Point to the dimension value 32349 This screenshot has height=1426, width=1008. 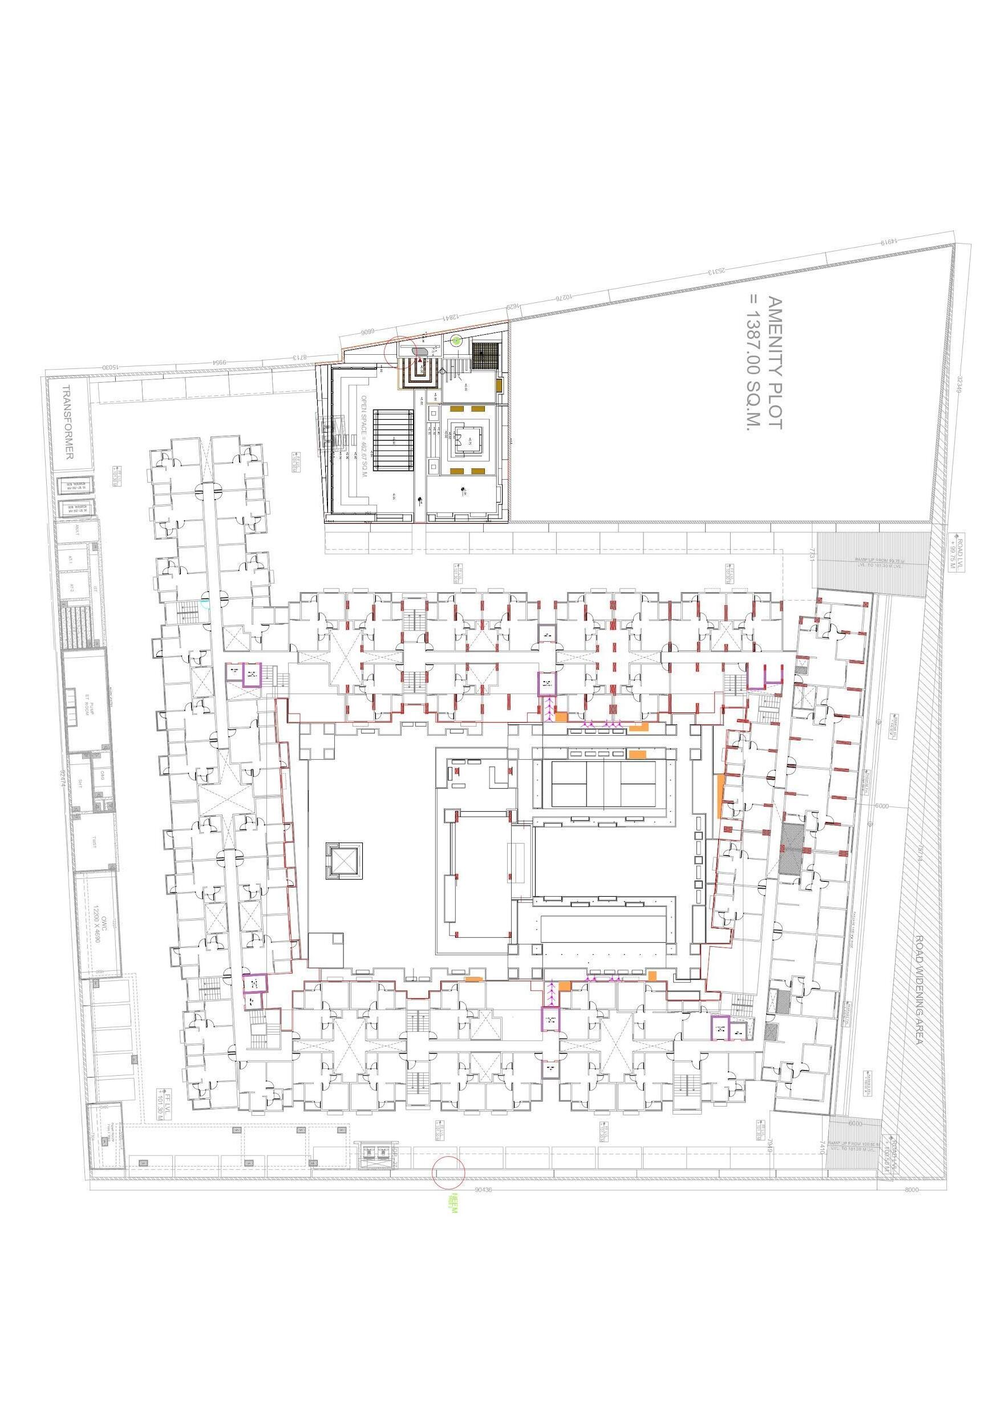(x=959, y=386)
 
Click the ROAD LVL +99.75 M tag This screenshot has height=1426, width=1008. (x=959, y=554)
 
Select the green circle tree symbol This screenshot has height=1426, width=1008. (x=456, y=340)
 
